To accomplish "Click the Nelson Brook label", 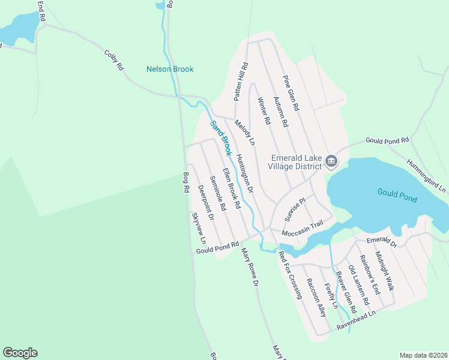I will pyautogui.click(x=170, y=69).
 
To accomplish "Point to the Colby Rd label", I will pyautogui.click(x=113, y=61).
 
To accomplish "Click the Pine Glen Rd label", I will pyautogui.click(x=291, y=92).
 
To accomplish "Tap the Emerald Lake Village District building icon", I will pyautogui.click(x=331, y=161).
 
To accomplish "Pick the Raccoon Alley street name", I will pyautogui.click(x=316, y=297).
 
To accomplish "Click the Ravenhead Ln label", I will pyautogui.click(x=356, y=320).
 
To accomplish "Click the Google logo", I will pyautogui.click(x=20, y=353).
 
